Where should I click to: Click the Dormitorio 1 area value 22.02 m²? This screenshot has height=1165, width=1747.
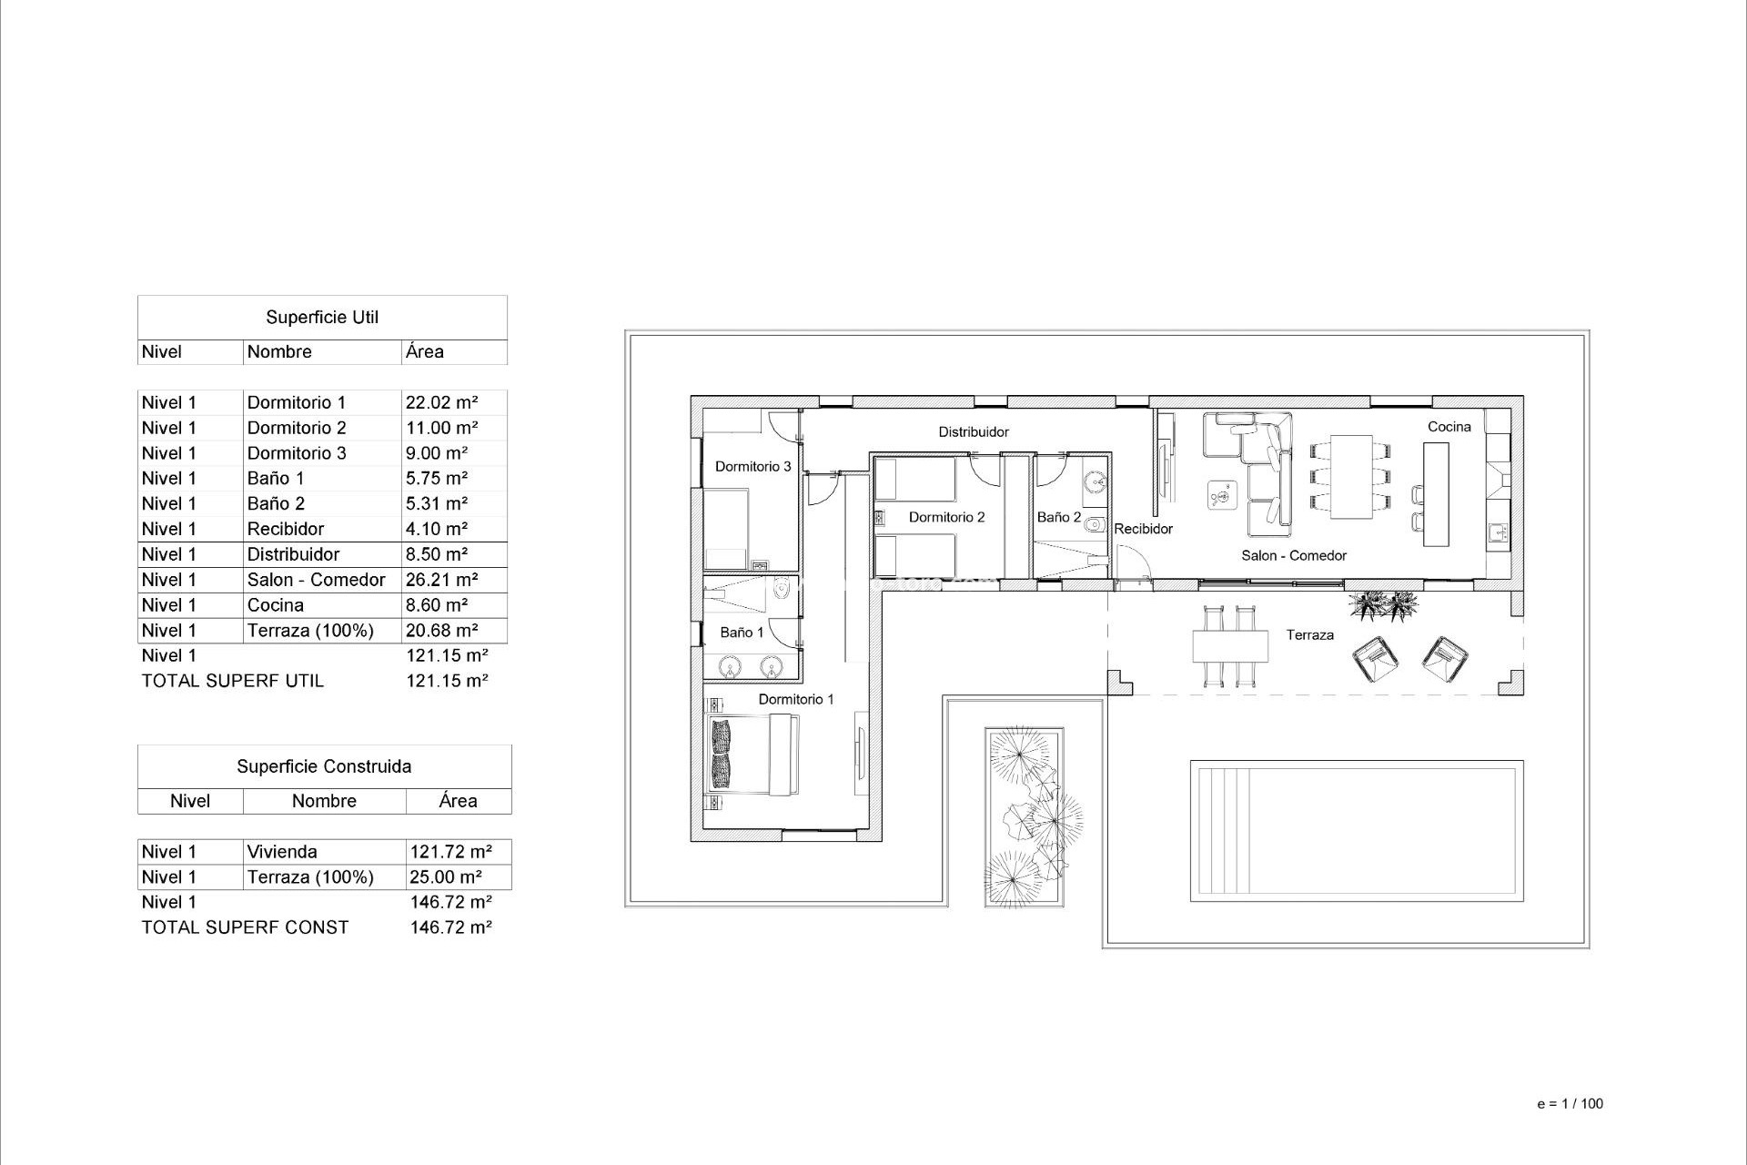pyautogui.click(x=441, y=402)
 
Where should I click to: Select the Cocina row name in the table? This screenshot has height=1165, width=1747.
pyautogui.click(x=276, y=605)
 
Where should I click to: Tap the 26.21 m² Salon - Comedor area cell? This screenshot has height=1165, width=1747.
pyautogui.click(x=441, y=580)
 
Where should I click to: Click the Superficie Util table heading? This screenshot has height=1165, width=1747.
pyautogui.click(x=322, y=318)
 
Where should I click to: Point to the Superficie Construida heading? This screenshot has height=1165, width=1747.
pyautogui.click(x=324, y=766)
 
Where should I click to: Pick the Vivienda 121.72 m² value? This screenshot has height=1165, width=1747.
pyautogui.click(x=450, y=852)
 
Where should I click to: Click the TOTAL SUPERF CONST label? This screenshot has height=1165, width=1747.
pyautogui.click(x=245, y=927)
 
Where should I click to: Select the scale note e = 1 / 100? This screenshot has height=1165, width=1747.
pyautogui.click(x=1570, y=1104)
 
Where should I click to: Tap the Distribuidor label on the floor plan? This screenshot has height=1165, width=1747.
pyautogui.click(x=974, y=432)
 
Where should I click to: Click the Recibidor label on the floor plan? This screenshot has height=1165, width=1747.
pyautogui.click(x=1143, y=529)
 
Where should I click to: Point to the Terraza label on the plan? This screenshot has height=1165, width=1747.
pyautogui.click(x=1309, y=635)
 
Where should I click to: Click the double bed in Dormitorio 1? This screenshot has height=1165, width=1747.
pyautogui.click(x=753, y=755)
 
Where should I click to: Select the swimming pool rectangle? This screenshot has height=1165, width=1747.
pyautogui.click(x=1356, y=831)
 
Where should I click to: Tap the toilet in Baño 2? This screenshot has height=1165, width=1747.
pyautogui.click(x=1096, y=524)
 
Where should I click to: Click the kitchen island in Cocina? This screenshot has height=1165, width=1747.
pyautogui.click(x=1436, y=494)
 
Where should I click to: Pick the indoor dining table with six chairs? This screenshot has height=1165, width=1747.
pyautogui.click(x=1350, y=477)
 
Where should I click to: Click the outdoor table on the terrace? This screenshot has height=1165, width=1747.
pyautogui.click(x=1230, y=647)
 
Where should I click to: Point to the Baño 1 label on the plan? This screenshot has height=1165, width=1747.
pyautogui.click(x=742, y=633)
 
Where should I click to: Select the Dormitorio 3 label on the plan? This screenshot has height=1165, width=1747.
pyautogui.click(x=752, y=467)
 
